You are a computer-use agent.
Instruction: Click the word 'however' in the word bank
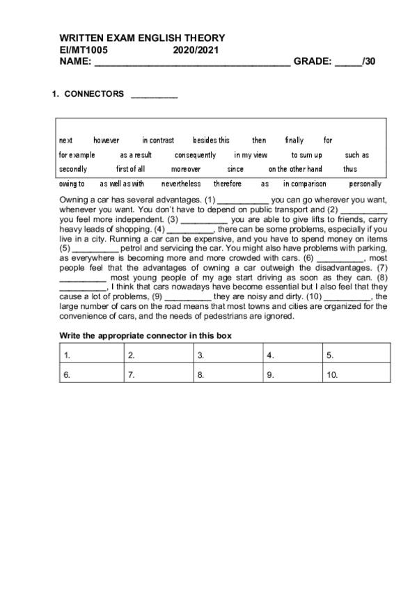(107, 141)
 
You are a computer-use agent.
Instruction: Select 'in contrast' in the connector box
(158, 141)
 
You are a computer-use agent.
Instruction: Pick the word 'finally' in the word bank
(294, 141)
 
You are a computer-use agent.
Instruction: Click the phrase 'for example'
(77, 155)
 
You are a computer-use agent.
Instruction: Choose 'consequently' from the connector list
(195, 155)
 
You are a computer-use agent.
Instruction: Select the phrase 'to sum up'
(306, 155)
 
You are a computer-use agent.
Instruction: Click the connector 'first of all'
(125, 169)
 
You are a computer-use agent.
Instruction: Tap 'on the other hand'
(295, 169)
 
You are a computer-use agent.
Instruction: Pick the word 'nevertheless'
(181, 184)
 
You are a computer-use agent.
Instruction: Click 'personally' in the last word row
(365, 184)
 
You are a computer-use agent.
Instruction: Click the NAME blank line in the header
(191, 63)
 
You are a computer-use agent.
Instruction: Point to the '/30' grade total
(368, 61)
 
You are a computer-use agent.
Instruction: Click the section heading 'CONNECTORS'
(94, 93)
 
